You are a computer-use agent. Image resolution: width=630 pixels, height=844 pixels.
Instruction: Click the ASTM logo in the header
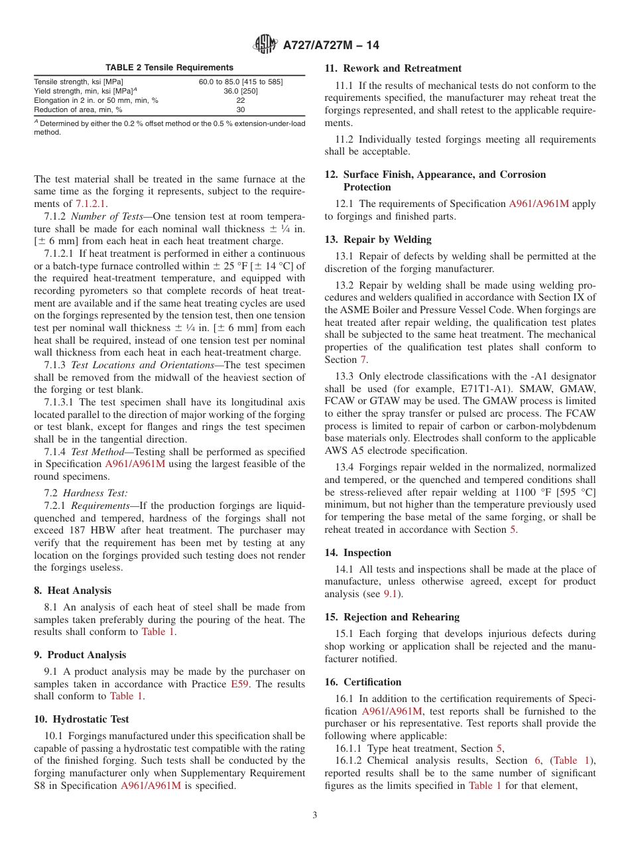click(266, 45)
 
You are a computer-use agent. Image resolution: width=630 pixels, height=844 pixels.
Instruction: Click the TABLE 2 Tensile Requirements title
click(169, 67)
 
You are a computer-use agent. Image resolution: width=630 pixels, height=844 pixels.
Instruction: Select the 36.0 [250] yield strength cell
click(240, 91)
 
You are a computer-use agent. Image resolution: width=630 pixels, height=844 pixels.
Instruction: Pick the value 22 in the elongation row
click(240, 100)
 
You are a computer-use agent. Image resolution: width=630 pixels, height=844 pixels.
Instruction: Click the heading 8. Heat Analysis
click(72, 591)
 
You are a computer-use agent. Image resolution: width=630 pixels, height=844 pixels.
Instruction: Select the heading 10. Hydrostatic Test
click(82, 719)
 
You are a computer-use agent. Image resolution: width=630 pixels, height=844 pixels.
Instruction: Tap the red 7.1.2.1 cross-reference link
click(91, 204)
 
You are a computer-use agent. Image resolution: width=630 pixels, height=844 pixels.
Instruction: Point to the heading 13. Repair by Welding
click(378, 240)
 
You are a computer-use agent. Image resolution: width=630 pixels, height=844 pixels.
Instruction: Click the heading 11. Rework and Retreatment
click(393, 68)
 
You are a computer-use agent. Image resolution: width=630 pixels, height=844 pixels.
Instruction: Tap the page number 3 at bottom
click(315, 815)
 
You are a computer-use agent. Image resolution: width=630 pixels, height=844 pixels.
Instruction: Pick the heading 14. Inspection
click(358, 553)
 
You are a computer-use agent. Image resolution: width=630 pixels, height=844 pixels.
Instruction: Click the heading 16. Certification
click(363, 682)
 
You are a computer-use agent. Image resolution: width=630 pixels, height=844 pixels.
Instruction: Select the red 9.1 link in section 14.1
click(391, 595)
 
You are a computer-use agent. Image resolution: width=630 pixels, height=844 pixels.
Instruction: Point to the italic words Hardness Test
click(95, 493)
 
